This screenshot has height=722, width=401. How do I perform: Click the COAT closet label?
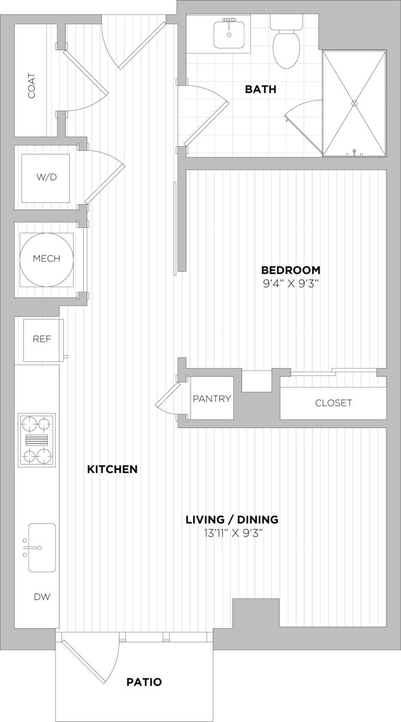coord(32,86)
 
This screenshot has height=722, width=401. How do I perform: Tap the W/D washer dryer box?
coord(45,178)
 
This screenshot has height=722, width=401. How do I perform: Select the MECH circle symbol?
coord(46,259)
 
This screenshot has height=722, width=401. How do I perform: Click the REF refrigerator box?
coord(42,339)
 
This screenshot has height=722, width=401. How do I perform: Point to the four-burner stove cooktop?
coord(36,440)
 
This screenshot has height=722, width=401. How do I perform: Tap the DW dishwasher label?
coord(41,597)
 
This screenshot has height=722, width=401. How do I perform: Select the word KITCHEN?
coord(112,469)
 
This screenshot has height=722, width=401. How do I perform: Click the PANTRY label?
coord(212,399)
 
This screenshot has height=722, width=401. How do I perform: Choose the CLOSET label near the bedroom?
coord(333,403)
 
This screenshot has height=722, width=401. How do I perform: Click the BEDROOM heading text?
coord(290,270)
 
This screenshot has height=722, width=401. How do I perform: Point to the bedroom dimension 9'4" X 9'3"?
coord(290,284)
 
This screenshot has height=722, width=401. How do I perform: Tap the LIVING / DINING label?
coord(232,520)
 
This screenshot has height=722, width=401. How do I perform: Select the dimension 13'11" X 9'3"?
coord(232,533)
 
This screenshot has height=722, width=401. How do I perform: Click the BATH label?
coord(261,90)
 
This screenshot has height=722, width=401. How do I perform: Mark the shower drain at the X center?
coord(354,103)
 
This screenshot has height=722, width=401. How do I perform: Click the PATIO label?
coord(144,682)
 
